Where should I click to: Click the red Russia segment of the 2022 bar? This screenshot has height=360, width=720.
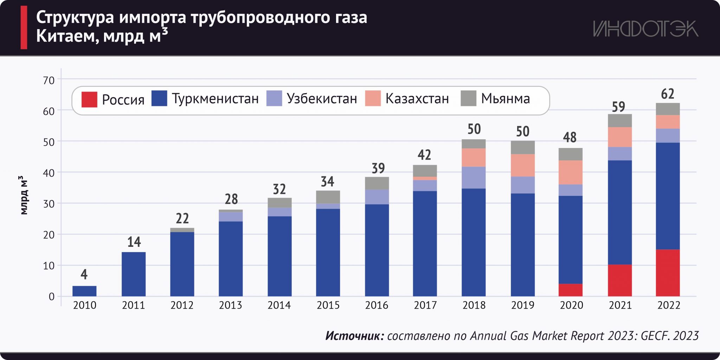pyautogui.click(x=668, y=273)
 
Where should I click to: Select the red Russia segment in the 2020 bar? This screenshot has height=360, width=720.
pyautogui.click(x=570, y=290)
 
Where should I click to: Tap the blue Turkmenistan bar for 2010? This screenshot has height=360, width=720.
pyautogui.click(x=84, y=291)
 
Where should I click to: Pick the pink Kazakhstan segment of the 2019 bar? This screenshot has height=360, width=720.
pyautogui.click(x=522, y=165)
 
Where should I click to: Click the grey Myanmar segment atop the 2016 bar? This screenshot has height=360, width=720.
pyautogui.click(x=377, y=183)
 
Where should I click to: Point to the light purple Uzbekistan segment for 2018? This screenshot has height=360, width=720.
pyautogui.click(x=474, y=178)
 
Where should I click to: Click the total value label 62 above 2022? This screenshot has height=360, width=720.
pyautogui.click(x=668, y=94)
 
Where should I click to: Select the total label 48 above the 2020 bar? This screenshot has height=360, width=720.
pyautogui.click(x=570, y=137)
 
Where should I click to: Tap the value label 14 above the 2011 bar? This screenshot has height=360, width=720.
pyautogui.click(x=134, y=242)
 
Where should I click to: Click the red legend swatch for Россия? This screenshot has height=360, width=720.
pyautogui.click(x=89, y=99)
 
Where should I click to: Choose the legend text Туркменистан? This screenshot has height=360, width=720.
pyautogui.click(x=215, y=99)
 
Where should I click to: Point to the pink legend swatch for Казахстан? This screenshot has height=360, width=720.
pyautogui.click(x=373, y=98)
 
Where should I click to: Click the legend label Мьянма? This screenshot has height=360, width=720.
pyautogui.click(x=505, y=99)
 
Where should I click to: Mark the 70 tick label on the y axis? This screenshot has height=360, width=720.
pyautogui.click(x=49, y=81)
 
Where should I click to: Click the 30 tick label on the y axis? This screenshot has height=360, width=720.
pyautogui.click(x=49, y=204)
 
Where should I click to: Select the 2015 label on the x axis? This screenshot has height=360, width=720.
pyautogui.click(x=328, y=305)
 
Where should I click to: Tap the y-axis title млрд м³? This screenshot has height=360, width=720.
pyautogui.click(x=23, y=195)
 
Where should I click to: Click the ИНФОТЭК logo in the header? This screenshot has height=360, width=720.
pyautogui.click(x=645, y=29)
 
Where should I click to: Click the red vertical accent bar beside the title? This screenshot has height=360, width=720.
pyautogui.click(x=24, y=27)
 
